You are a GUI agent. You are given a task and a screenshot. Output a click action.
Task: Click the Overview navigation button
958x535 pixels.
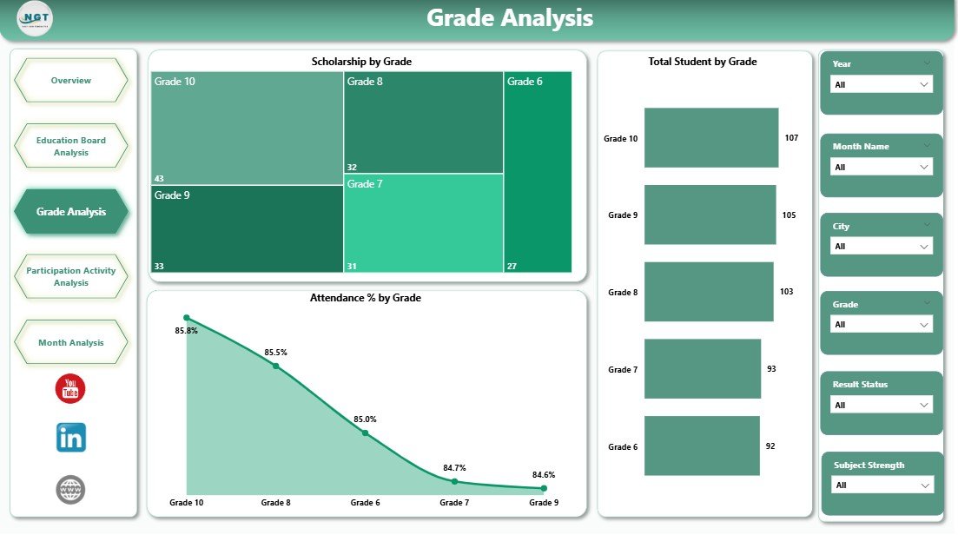(71, 81)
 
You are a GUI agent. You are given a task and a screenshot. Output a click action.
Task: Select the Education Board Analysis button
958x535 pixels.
(71, 146)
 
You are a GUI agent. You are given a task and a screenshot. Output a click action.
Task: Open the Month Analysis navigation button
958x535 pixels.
(71, 342)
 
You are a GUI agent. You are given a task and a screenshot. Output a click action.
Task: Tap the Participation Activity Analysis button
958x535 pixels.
(71, 276)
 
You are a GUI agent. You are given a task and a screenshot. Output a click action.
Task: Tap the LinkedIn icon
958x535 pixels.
(70, 438)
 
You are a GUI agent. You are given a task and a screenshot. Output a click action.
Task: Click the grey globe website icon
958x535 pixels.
(70, 490)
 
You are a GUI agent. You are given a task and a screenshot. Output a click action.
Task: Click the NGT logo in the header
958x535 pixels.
(35, 18)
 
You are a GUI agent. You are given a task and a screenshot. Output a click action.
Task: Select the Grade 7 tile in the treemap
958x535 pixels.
(423, 223)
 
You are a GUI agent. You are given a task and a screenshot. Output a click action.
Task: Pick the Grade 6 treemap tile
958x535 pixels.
(538, 172)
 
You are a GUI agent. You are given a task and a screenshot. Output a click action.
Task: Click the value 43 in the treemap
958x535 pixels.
(159, 179)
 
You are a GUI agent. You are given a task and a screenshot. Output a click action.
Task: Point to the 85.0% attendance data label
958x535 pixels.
(365, 419)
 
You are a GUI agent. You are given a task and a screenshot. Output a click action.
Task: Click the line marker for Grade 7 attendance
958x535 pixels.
(454, 481)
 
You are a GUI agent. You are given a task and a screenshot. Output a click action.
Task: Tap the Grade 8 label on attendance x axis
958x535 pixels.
(275, 503)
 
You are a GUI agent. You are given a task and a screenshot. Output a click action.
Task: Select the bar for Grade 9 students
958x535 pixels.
(710, 215)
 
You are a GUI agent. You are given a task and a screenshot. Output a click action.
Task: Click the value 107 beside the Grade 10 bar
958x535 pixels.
(790, 138)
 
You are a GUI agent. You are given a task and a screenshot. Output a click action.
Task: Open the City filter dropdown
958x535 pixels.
(881, 247)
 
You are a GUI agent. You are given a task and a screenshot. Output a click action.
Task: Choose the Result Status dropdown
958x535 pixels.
(881, 405)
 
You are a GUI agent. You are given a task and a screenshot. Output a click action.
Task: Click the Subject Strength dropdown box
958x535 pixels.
(882, 485)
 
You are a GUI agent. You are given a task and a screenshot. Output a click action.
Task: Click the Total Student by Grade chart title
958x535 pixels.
(702, 62)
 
